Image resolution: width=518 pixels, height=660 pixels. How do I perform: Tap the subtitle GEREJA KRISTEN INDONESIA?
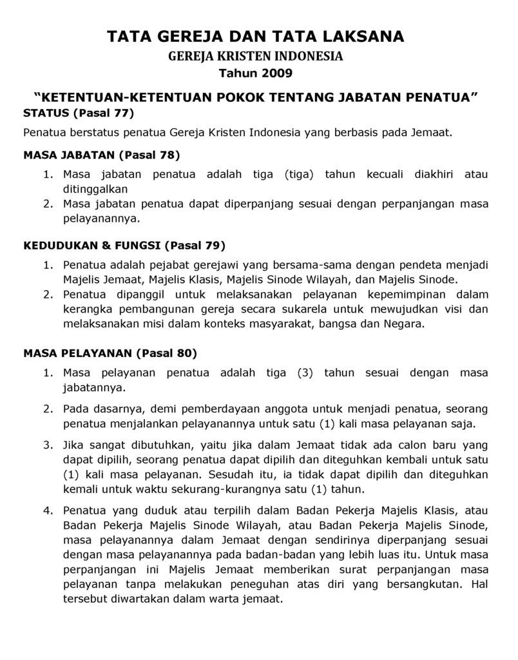[x=256, y=57]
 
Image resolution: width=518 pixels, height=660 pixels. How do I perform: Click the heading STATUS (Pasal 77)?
[x=78, y=114]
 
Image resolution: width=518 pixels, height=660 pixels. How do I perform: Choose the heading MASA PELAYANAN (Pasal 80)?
[x=110, y=353]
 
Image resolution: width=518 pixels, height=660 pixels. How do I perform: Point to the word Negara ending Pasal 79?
[x=404, y=324]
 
